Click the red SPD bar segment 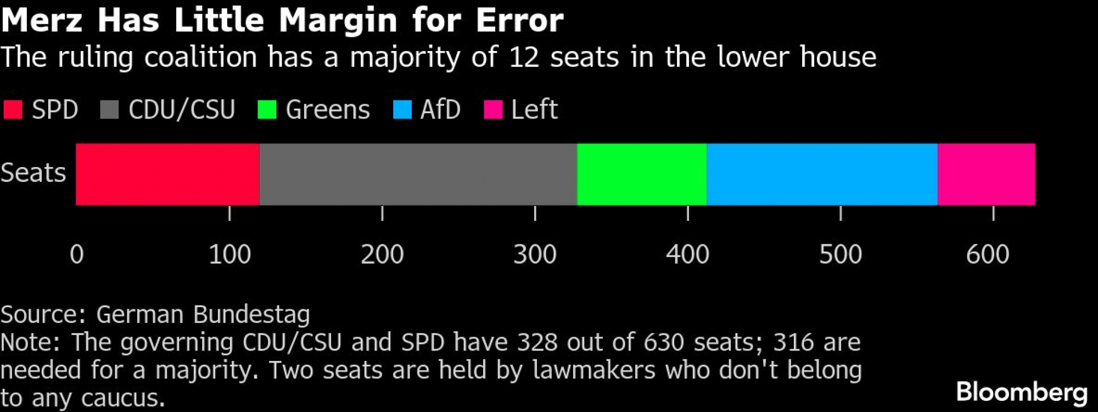pos(167,174)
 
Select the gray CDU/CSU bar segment pos(418,174)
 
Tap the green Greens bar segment pos(642,174)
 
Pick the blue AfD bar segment pos(822,174)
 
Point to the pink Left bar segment pos(986,174)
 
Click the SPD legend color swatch pos(13,109)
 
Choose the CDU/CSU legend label pos(182,109)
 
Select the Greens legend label pos(327,109)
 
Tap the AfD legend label pos(440,109)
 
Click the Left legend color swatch pos(493,109)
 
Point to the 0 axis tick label pos(77,254)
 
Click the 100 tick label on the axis pos(229,254)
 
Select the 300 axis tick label pos(535,254)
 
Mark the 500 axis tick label pos(840,254)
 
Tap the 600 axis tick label pos(987,254)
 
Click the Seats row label pos(33,173)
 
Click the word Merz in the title pos(42,20)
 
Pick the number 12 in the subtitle pos(524,58)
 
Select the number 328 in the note pos(537,342)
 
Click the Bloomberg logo pos(1021,393)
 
